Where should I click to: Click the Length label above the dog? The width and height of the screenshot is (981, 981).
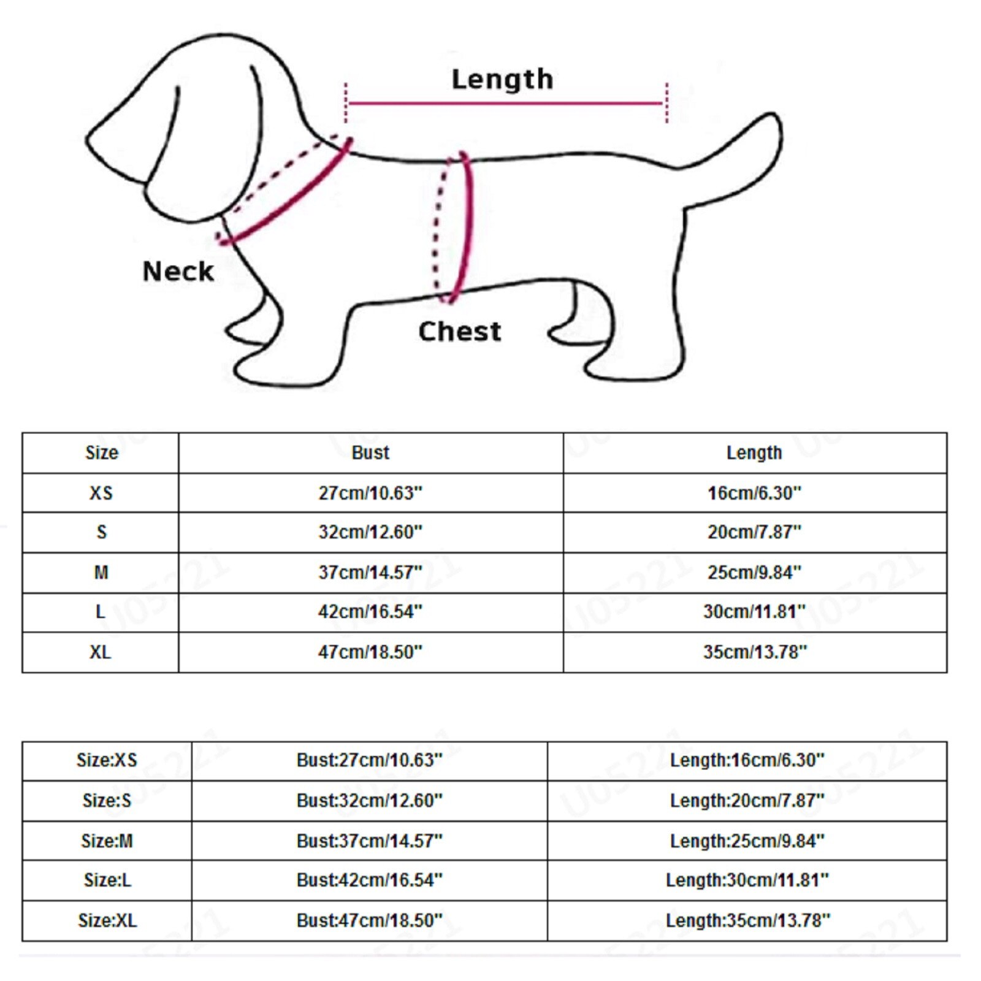[x=502, y=79]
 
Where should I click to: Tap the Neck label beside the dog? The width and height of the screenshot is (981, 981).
[x=178, y=271]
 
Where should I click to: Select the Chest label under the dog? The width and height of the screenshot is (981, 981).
[x=459, y=332]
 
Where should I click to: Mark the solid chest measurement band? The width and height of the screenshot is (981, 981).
[x=467, y=227]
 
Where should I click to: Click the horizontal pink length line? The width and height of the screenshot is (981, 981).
[x=505, y=103]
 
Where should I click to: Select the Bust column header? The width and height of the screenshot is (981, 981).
[x=370, y=452]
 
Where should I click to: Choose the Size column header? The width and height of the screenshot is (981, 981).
[x=101, y=452]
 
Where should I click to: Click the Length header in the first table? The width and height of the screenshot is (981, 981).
[x=754, y=452]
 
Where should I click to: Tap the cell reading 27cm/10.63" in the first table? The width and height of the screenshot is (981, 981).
[x=370, y=493]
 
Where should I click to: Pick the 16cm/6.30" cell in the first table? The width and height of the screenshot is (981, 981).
[x=754, y=493]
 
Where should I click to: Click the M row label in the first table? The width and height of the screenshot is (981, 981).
[x=101, y=572]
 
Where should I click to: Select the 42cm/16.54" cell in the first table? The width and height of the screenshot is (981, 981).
[x=370, y=612]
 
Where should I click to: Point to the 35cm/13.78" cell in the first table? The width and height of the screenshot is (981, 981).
[x=754, y=652]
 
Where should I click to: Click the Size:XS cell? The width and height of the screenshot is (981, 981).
[x=107, y=760]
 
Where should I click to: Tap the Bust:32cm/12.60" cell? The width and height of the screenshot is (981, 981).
[x=369, y=801]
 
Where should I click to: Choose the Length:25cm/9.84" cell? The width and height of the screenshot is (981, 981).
[x=747, y=841]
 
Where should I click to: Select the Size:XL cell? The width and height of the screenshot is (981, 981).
[x=107, y=920]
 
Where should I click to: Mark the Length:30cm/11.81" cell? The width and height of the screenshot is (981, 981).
[x=747, y=880]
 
